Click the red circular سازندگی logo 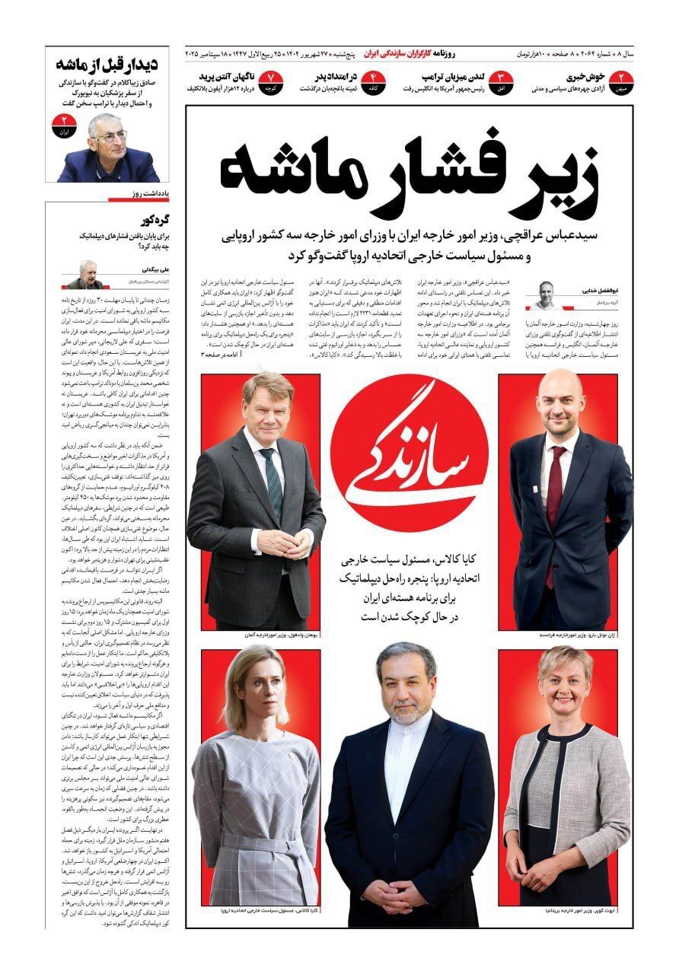pyautogui.click(x=410, y=442)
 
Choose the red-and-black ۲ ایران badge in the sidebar pyautogui.click(x=63, y=126)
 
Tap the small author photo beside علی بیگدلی pyautogui.click(x=84, y=275)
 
